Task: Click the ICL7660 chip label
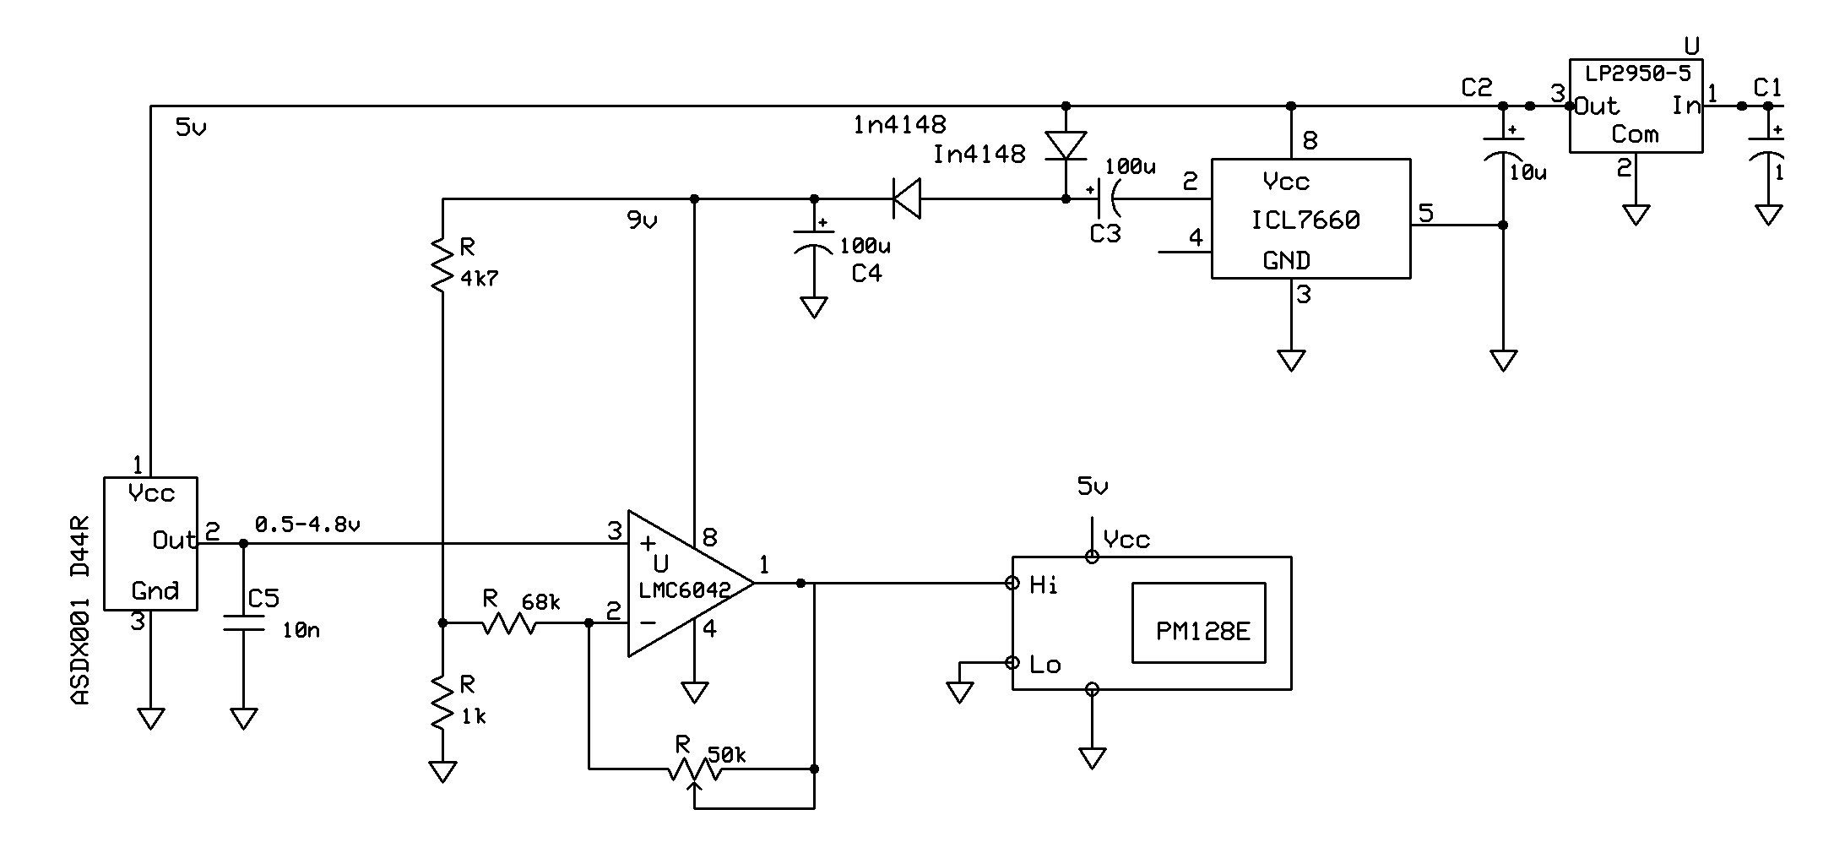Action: pos(1305,220)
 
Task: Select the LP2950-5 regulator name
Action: pos(1637,73)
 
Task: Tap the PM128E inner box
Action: pos(1199,622)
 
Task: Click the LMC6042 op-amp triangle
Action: pos(680,583)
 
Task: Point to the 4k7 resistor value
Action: pos(480,278)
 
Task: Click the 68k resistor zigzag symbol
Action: pos(509,623)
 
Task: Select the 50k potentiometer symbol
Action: pos(694,769)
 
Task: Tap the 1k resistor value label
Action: pos(473,717)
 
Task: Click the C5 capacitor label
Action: pos(263,599)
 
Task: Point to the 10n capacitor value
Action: pos(301,631)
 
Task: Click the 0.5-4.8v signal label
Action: pos(307,524)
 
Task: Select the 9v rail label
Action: pos(642,221)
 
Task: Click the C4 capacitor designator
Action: pos(866,274)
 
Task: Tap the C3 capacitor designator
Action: pos(1104,234)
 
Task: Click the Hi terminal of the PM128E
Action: pos(1044,584)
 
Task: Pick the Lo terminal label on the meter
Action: pos(1045,665)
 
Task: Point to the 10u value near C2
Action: pos(1527,172)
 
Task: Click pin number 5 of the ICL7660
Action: pos(1426,213)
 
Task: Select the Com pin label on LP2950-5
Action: pos(1635,134)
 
